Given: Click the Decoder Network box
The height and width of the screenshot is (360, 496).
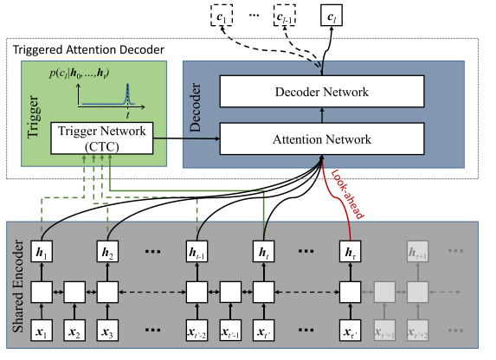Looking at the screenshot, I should (323, 92).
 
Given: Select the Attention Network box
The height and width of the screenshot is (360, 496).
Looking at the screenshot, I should (323, 138).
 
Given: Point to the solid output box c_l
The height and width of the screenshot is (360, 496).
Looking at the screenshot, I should (331, 15).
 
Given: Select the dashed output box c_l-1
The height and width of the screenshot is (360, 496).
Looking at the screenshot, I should (280, 15).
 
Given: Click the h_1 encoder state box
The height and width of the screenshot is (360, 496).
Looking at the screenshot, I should (42, 252).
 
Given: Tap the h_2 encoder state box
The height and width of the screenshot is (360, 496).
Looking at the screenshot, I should (106, 252).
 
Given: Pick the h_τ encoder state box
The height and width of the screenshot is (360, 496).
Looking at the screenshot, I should (349, 252).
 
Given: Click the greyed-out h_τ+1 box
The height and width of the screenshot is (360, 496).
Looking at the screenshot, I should (418, 252).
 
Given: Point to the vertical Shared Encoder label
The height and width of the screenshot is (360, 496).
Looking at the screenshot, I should (17, 286).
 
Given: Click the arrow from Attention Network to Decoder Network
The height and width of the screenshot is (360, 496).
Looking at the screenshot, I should (323, 114).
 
